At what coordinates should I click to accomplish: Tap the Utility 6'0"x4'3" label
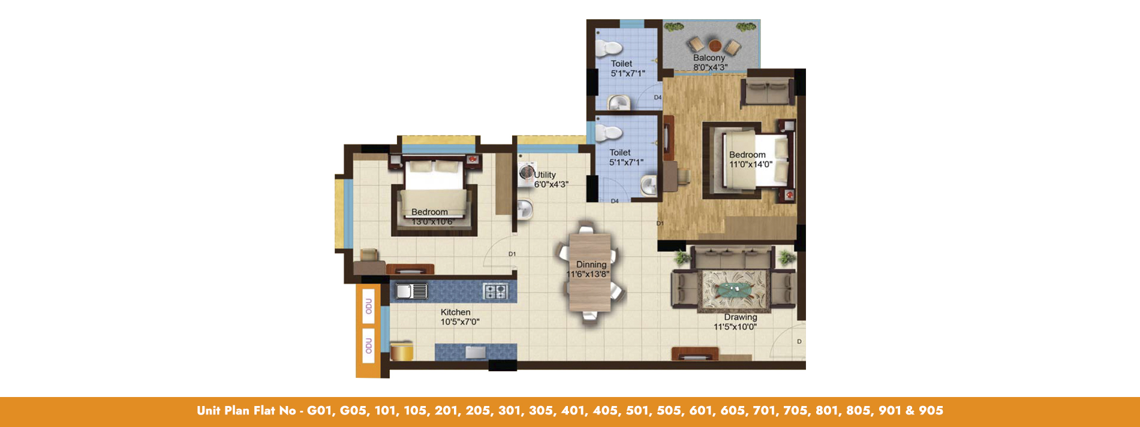point(551,179)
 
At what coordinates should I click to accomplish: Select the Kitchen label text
point(455,312)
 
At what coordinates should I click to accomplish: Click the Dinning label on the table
point(591,264)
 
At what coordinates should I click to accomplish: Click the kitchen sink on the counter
point(411,291)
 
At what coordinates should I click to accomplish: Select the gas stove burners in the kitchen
point(495,291)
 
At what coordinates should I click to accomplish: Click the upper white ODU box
point(368,306)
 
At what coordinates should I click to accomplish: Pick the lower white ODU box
point(368,345)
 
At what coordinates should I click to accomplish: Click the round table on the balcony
point(714,45)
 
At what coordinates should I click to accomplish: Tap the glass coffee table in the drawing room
point(735,290)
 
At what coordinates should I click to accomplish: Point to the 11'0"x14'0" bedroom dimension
point(750,164)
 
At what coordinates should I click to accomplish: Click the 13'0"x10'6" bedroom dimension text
point(432,222)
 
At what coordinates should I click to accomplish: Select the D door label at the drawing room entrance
point(799,342)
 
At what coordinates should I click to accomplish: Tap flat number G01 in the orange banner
point(321,411)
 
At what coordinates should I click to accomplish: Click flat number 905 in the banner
point(931,411)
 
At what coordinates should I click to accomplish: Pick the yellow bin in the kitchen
point(402,350)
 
